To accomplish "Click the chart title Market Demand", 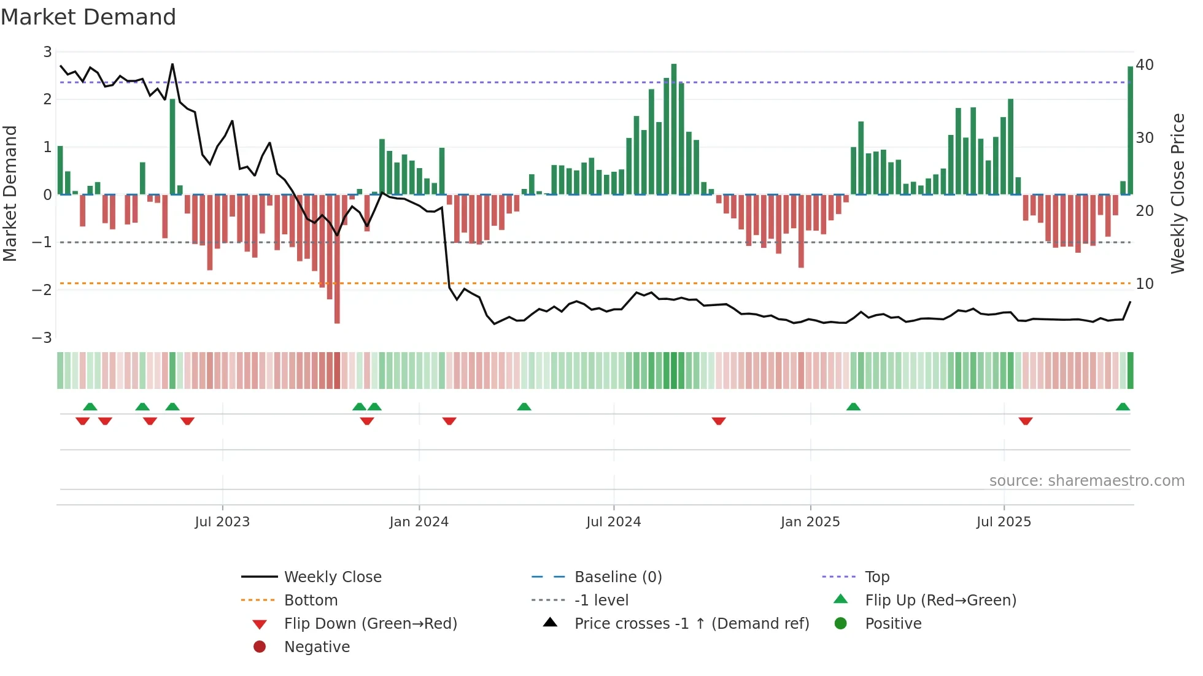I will (88, 17).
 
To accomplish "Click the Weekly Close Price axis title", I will (1177, 193).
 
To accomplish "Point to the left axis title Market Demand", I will (10, 193).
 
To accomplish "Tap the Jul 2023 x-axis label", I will (222, 522).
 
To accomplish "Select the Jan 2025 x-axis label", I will (810, 522).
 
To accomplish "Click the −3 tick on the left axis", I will (42, 337).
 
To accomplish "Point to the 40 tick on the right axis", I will (1145, 65).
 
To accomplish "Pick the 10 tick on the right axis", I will (1145, 284).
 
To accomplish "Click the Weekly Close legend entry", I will (332, 577).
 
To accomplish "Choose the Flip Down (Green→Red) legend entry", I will (370, 624).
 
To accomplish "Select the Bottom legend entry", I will (311, 601).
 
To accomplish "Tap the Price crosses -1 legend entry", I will (691, 624).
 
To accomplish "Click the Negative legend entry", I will (317, 647).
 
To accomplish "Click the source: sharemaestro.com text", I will (1086, 481).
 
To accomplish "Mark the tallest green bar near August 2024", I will (674, 129).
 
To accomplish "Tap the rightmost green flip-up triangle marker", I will (1123, 407).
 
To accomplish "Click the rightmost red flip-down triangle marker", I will (1026, 421).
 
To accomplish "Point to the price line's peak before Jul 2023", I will (172, 64).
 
